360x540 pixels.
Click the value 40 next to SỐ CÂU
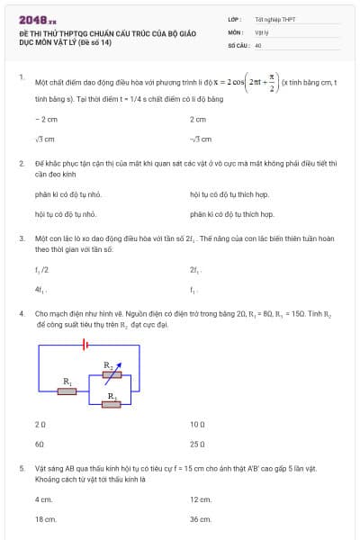(258, 44)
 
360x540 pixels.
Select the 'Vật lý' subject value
(261, 31)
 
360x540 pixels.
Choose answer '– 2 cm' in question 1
(46, 119)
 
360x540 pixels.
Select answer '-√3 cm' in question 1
(201, 139)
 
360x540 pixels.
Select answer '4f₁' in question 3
(40, 290)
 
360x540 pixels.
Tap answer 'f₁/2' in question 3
(41, 269)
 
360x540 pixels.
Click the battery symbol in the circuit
(84, 343)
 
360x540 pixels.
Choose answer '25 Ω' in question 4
(198, 444)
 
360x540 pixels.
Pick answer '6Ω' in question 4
(40, 444)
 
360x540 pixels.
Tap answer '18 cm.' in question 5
(45, 519)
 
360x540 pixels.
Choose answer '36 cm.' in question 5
(200, 519)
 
